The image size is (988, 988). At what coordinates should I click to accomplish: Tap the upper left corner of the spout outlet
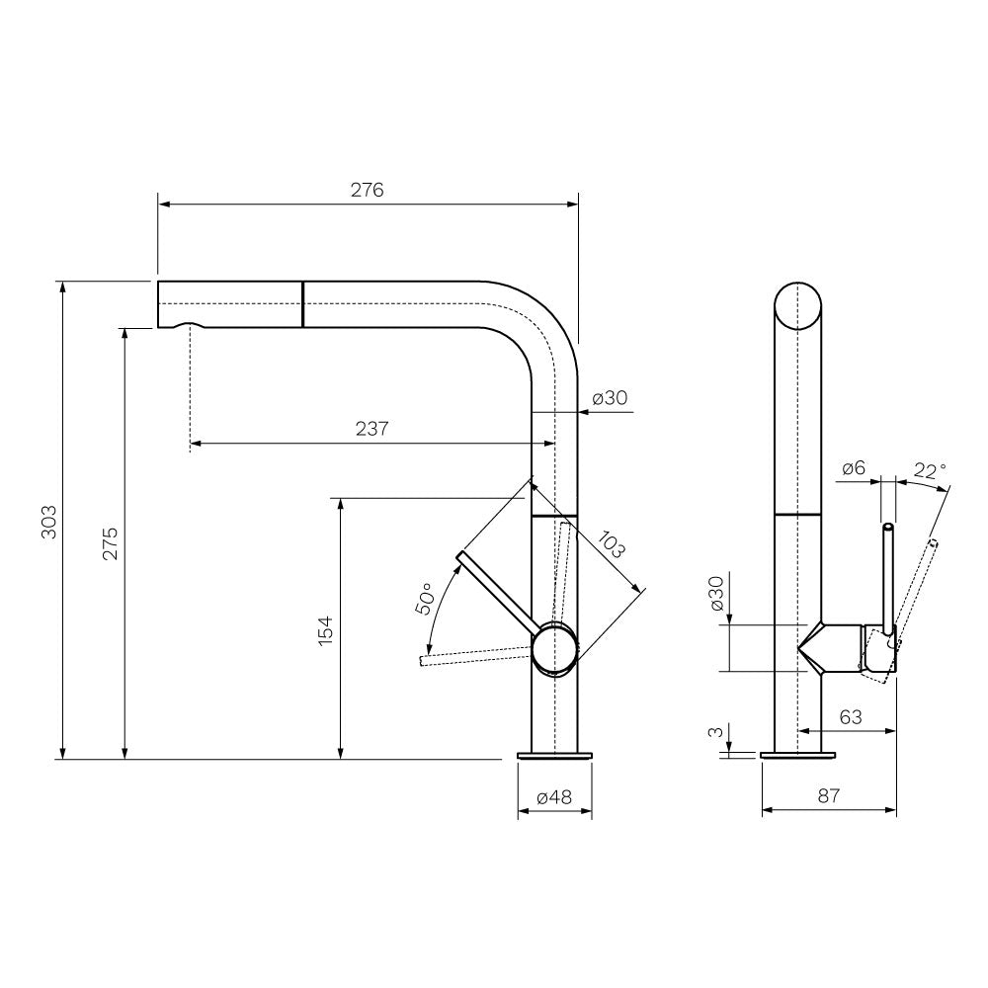158,282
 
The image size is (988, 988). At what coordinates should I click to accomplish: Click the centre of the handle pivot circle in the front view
554,650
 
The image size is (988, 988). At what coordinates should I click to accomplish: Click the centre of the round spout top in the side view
797,306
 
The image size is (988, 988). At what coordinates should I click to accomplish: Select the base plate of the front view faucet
554,756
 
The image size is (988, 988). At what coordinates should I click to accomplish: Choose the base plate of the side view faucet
797,755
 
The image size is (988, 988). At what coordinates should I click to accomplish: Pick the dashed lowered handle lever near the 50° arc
476,655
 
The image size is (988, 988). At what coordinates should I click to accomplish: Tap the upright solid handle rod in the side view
888,579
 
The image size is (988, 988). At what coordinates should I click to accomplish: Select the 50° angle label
425,598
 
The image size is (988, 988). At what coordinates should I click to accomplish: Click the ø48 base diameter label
554,797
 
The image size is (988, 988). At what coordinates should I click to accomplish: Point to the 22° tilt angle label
930,470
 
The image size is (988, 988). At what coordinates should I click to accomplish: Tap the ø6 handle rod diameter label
854,468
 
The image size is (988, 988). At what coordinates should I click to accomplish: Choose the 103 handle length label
611,545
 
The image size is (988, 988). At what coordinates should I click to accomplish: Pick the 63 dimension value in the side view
851,717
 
